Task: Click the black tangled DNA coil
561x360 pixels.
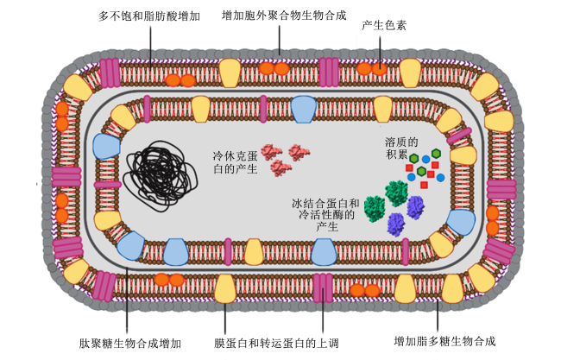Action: (x=160, y=176)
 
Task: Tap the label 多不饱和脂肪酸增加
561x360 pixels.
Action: (x=149, y=16)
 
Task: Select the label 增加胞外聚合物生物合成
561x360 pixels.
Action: (x=284, y=16)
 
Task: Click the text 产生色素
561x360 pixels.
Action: (x=384, y=25)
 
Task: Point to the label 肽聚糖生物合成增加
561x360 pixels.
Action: (x=130, y=344)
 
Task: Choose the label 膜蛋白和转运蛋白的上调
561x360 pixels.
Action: (x=276, y=344)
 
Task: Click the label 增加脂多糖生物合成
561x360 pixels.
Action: (x=444, y=341)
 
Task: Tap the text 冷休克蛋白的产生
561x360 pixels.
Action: (x=235, y=162)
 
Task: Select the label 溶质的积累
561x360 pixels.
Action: (x=401, y=148)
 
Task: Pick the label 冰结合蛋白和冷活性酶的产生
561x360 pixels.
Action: (x=326, y=215)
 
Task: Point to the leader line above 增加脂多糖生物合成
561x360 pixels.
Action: (x=438, y=315)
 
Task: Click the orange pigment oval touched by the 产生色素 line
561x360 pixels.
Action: (x=379, y=68)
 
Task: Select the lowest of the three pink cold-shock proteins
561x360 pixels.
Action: (x=280, y=167)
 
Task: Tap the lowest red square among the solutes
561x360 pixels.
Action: (x=424, y=185)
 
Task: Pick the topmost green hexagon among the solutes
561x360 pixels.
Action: (x=436, y=154)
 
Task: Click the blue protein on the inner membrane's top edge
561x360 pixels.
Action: (x=304, y=109)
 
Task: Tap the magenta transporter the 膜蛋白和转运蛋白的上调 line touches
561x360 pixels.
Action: (x=323, y=288)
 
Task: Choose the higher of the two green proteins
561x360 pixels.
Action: (x=396, y=193)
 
